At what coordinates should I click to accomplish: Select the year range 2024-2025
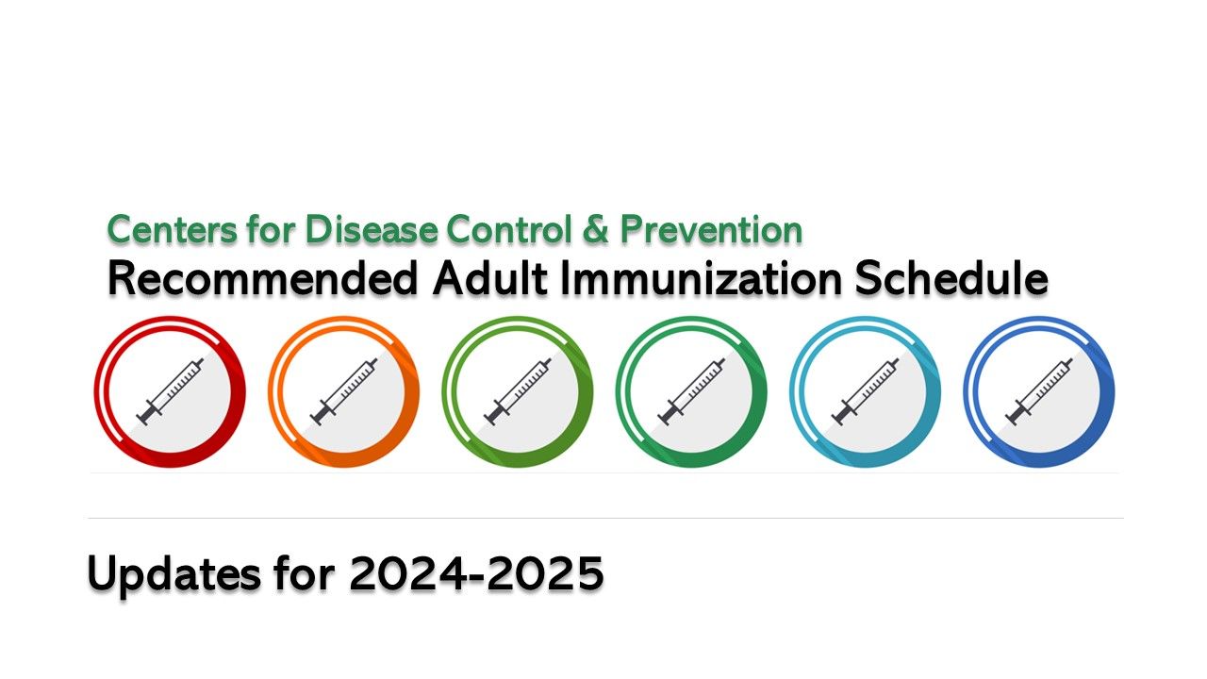[476, 572]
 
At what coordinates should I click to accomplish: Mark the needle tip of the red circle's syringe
[203, 360]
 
